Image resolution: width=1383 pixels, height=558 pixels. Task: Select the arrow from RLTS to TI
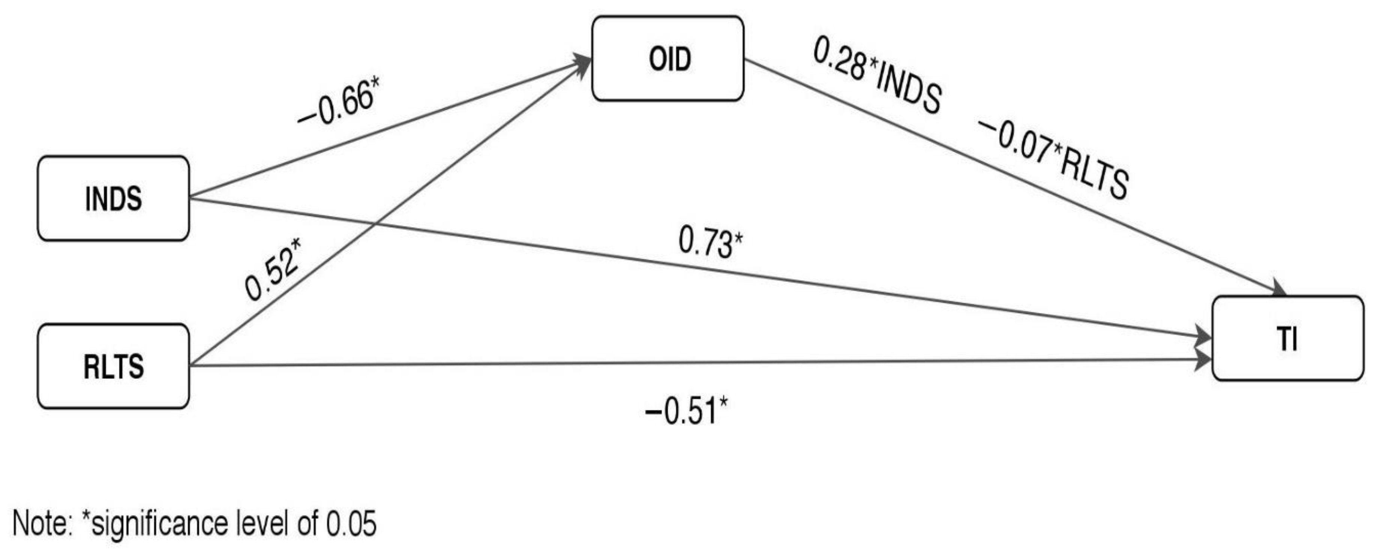[698, 363]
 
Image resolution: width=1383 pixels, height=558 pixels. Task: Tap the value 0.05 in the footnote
[352, 523]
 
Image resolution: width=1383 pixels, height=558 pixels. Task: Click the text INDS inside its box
[113, 199]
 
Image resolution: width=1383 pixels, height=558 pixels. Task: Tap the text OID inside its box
[669, 58]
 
